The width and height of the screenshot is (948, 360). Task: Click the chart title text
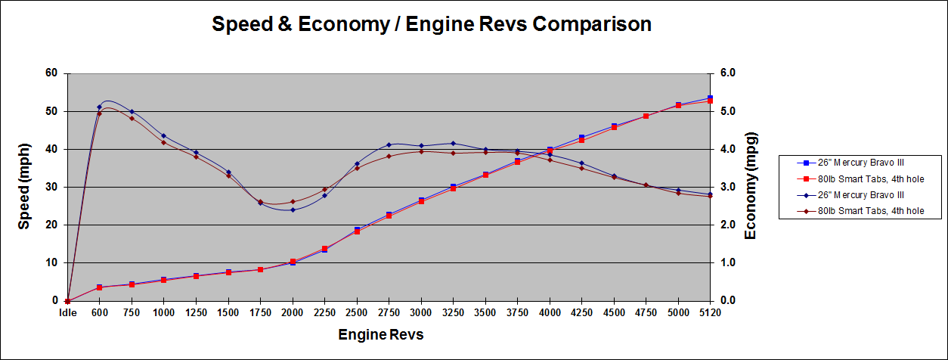[431, 25]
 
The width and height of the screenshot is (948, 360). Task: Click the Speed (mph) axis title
[24, 187]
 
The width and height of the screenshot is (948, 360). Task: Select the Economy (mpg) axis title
[751, 185]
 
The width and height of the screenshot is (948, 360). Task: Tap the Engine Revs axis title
[380, 334]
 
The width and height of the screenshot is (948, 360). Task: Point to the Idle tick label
[67, 313]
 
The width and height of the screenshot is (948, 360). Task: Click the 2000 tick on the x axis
[293, 313]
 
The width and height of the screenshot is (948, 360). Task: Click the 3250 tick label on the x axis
[453, 313]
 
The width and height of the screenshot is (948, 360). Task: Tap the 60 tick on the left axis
[51, 73]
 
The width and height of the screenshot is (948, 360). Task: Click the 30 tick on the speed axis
[51, 187]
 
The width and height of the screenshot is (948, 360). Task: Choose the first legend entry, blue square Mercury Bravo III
[857, 163]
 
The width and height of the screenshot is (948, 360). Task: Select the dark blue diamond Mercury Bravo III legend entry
[857, 194]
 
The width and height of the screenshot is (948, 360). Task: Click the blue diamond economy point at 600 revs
[99, 107]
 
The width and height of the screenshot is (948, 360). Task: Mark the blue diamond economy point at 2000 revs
[293, 209]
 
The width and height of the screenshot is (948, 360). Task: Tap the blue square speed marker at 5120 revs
[710, 98]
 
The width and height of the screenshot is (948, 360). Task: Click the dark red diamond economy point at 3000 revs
[421, 151]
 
